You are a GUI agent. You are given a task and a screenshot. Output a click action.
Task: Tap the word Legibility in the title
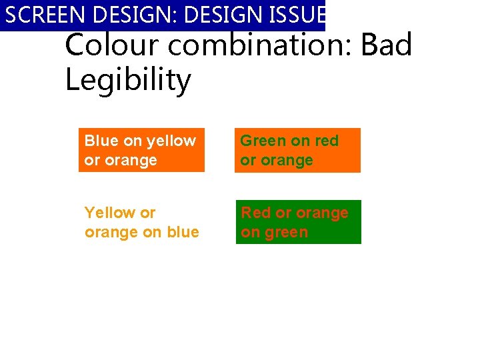[x=128, y=81]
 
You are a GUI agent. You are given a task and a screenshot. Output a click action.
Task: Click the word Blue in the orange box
[x=101, y=141]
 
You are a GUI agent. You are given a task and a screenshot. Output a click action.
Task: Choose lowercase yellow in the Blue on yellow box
[x=171, y=141]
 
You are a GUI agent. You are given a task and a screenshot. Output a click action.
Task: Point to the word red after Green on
[x=327, y=141]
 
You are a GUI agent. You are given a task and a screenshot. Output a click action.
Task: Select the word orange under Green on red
[x=286, y=161]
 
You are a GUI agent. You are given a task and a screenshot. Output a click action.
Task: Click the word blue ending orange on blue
[x=183, y=232]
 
